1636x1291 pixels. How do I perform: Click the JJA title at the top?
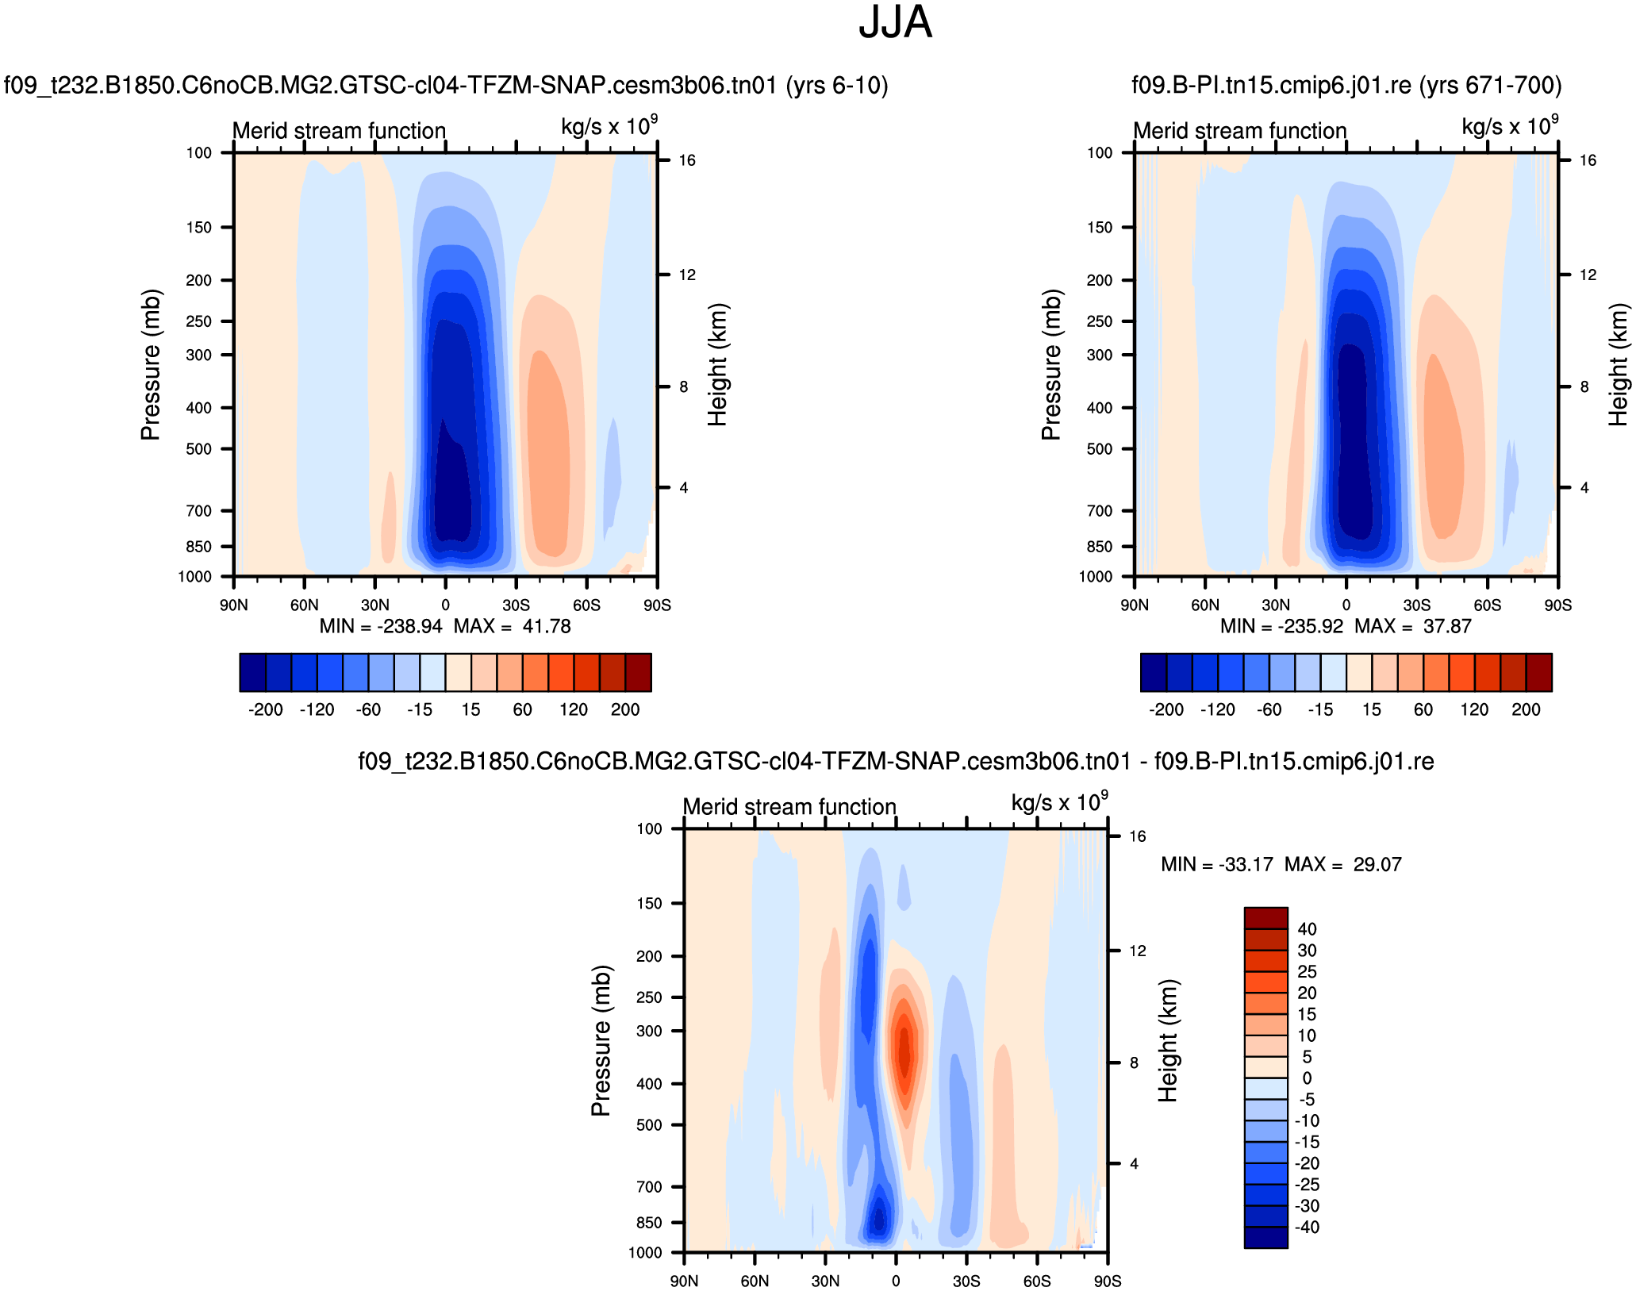pos(895,23)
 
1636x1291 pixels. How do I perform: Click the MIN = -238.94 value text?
pos(381,627)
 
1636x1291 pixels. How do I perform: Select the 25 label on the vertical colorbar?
pos(1307,972)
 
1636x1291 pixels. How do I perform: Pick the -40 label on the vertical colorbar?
pos(1306,1228)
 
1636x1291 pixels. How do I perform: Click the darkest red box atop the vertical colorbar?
pos(1265,918)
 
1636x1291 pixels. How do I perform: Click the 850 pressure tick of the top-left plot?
pos(199,547)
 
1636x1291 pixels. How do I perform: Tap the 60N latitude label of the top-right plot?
pos(1204,605)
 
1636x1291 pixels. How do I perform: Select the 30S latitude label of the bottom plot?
pos(966,1281)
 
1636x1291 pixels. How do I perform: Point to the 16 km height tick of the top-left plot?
pos(687,160)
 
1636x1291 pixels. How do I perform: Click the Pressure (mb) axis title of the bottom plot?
pos(601,1040)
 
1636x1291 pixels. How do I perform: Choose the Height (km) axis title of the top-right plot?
pos(1618,364)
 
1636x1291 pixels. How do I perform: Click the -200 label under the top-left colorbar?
pos(265,710)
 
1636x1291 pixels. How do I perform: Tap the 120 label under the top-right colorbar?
pos(1474,710)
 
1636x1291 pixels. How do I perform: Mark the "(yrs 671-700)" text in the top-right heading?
pos(1500,86)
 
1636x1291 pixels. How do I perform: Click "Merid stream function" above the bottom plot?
pos(789,807)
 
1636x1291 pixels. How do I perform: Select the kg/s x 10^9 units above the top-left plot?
pos(609,127)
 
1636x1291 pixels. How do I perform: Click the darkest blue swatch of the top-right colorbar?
pos(1153,673)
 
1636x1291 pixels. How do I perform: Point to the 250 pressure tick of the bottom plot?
pos(649,997)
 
